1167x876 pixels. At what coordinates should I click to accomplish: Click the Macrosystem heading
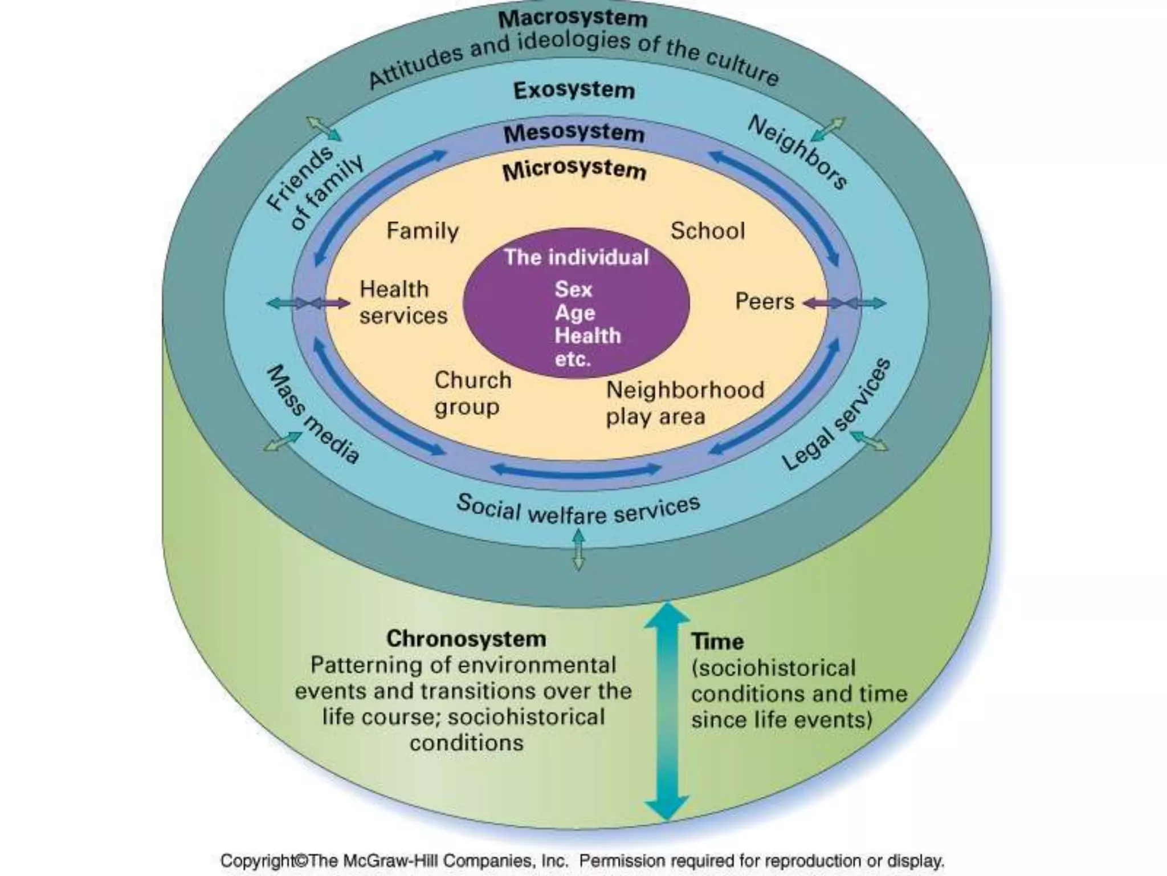point(573,19)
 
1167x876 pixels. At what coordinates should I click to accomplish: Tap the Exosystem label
point(574,90)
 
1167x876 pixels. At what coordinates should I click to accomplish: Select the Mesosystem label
point(574,133)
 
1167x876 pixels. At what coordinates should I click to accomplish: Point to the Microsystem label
point(574,170)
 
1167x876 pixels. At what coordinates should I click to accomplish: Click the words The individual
point(576,257)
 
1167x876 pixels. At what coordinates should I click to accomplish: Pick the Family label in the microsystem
point(422,231)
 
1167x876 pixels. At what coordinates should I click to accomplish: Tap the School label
point(707,231)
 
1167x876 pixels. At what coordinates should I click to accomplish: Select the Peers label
point(764,302)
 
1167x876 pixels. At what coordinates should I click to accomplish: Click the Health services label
point(403,302)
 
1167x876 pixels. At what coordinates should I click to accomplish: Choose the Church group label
point(472,394)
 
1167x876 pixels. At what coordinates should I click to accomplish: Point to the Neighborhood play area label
point(684,403)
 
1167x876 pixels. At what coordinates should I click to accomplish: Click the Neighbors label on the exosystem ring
point(798,152)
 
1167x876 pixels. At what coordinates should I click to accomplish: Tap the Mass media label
point(313,415)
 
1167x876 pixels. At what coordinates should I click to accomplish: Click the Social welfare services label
point(578,509)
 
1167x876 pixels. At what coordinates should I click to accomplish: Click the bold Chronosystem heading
point(466,639)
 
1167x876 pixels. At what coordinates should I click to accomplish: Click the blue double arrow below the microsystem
point(576,470)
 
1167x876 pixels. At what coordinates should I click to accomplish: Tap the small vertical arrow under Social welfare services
point(578,550)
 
